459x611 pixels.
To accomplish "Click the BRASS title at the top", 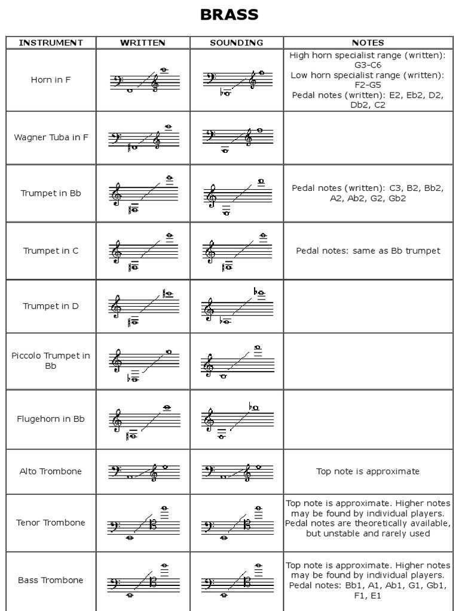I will (229, 16).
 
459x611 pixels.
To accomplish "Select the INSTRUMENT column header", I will (51, 42).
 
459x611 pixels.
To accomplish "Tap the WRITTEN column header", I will (143, 42).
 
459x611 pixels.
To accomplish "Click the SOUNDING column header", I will (237, 42).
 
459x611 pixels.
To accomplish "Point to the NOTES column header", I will (368, 42).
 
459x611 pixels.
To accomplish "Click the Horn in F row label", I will (51, 79).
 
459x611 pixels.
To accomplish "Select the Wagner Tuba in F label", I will (51, 137).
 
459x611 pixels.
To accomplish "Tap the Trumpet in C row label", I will (51, 251).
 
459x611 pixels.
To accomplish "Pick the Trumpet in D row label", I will (51, 306).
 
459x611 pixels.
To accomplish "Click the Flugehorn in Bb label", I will (51, 419).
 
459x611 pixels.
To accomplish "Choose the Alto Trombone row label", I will (51, 471).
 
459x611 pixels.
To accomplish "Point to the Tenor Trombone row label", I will (51, 523).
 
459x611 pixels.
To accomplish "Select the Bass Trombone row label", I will (51, 580).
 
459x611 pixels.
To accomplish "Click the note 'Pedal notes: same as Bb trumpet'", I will (368, 251).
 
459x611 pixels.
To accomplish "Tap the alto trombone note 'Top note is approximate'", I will (368, 471).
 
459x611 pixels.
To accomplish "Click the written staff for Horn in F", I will (143, 81).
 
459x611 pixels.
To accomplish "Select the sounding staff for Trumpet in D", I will (237, 307).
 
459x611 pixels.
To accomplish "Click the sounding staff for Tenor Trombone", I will (237, 523).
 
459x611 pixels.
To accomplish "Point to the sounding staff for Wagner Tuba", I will (237, 138).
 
